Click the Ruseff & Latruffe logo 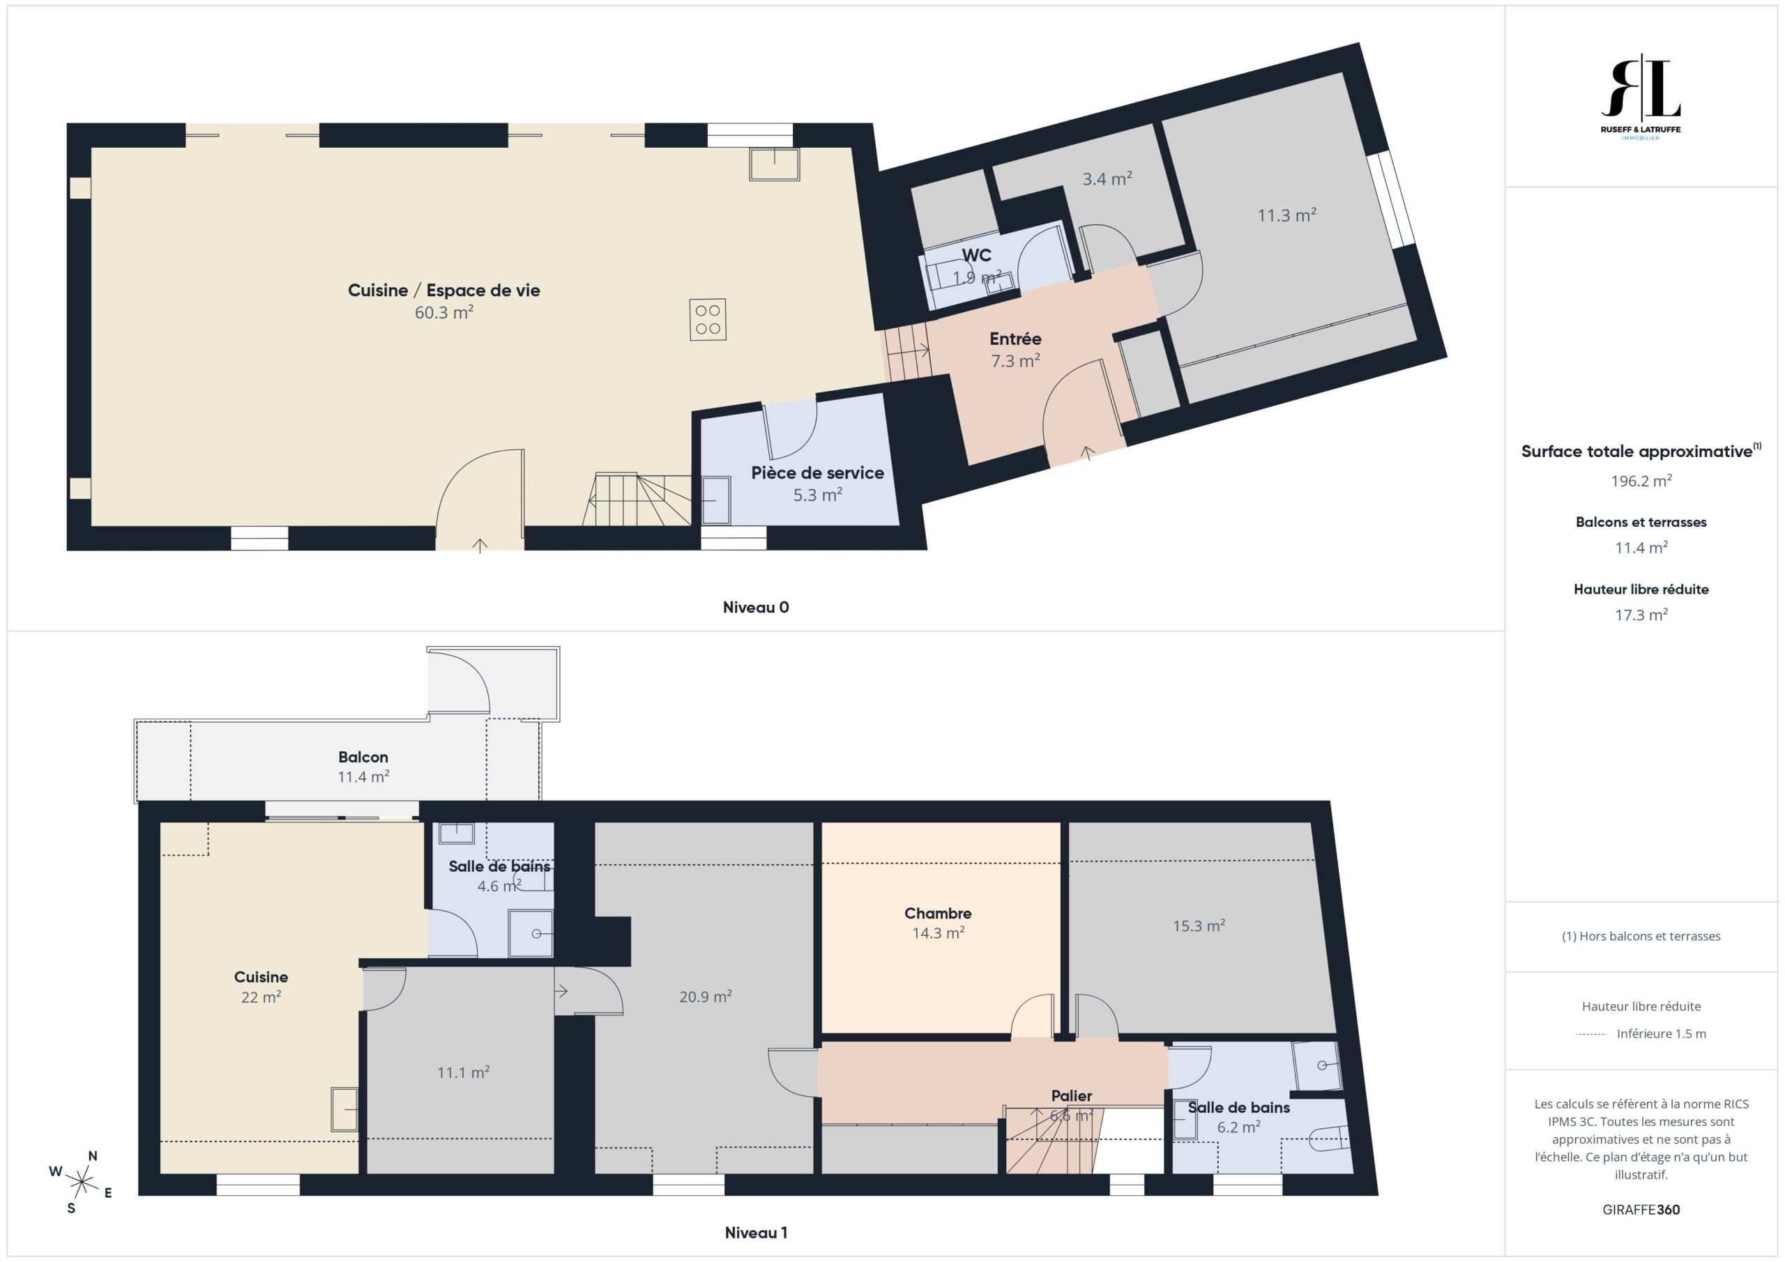point(1641,97)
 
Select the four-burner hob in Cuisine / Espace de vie point(708,319)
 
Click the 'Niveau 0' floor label point(756,608)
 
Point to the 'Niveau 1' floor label point(756,1233)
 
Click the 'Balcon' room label point(363,757)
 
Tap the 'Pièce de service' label point(817,472)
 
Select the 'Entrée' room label point(1015,339)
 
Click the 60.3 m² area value point(444,312)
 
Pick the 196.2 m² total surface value point(1641,480)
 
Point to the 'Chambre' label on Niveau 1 point(938,913)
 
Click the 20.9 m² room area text point(705,996)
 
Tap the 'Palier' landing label point(1071,1095)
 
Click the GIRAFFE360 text point(1641,1209)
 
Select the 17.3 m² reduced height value point(1641,615)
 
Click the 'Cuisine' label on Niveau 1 point(261,977)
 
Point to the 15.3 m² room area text point(1199,925)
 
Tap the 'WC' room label point(976,255)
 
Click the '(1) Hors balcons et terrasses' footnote point(1641,937)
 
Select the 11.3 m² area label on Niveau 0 point(1286,215)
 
